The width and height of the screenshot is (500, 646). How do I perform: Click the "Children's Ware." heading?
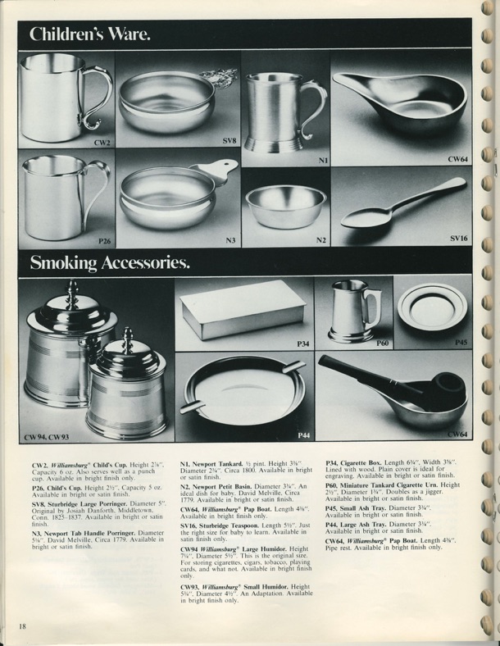pos(90,34)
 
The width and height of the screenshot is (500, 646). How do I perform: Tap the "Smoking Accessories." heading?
pos(110,262)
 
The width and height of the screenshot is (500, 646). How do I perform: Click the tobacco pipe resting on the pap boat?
pos(393,382)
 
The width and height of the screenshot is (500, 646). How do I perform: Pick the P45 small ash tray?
pos(432,307)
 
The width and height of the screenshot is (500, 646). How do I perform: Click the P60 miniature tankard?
pos(352,312)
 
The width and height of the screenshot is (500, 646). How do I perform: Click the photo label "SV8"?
pos(230,140)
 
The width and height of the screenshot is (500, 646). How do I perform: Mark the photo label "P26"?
pos(104,241)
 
